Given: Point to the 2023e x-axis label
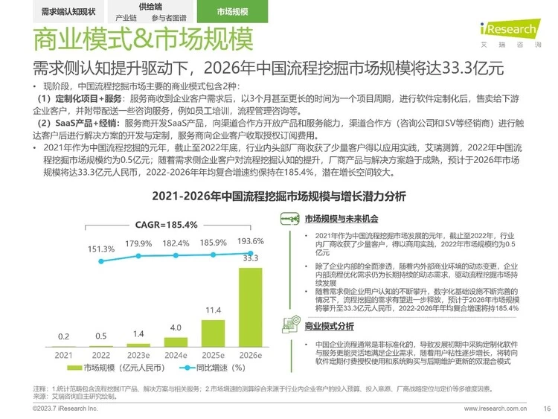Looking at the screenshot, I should (138, 356).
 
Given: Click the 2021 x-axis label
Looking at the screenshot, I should (64, 356).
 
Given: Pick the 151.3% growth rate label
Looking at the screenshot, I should (100, 249).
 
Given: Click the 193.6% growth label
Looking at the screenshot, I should (250, 242).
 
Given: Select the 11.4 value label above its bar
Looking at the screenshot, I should (213, 310).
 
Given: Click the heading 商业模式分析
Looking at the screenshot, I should (330, 326).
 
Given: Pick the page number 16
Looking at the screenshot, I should (546, 409).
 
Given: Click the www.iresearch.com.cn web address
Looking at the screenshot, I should (496, 409).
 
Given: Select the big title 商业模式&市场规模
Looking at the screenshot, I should (134, 38).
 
